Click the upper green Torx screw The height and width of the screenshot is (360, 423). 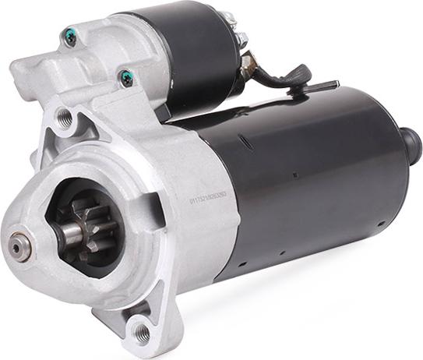[x=71, y=35]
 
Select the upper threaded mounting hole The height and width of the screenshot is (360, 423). [x=65, y=119]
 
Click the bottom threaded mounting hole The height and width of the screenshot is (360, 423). [x=141, y=333]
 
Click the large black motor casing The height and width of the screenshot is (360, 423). [x=312, y=179]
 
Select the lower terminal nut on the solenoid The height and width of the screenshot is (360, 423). [x=241, y=38]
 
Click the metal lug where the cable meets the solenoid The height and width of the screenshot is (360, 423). [x=249, y=61]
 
